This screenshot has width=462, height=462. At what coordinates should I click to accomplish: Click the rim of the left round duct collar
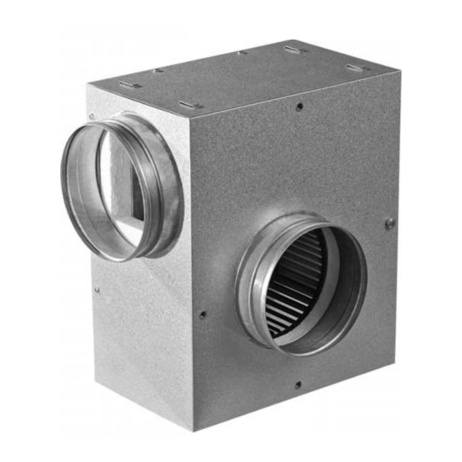(x=66, y=177)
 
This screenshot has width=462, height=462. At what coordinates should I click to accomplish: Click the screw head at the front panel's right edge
(x=390, y=223)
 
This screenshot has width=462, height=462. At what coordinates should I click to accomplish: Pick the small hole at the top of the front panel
(x=299, y=106)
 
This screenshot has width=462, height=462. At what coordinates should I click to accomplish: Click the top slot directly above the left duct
(x=125, y=84)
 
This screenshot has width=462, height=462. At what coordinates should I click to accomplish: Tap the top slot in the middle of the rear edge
(x=295, y=50)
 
